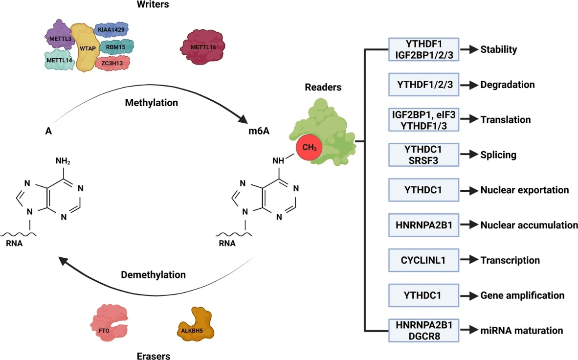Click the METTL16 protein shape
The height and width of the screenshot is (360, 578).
203,46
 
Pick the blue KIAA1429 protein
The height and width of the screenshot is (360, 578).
111,30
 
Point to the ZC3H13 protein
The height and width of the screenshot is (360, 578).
112,63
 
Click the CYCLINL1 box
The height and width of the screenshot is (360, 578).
423,260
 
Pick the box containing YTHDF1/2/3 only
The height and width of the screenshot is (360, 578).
423,85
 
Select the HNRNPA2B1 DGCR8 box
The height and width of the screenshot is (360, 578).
423,331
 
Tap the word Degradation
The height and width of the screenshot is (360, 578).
508,85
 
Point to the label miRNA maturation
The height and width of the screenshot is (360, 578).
521,331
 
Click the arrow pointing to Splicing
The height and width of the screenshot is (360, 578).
470,155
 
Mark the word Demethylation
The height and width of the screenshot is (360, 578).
154,274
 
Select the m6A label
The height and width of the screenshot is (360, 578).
258,132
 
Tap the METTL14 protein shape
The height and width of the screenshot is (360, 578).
57,61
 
